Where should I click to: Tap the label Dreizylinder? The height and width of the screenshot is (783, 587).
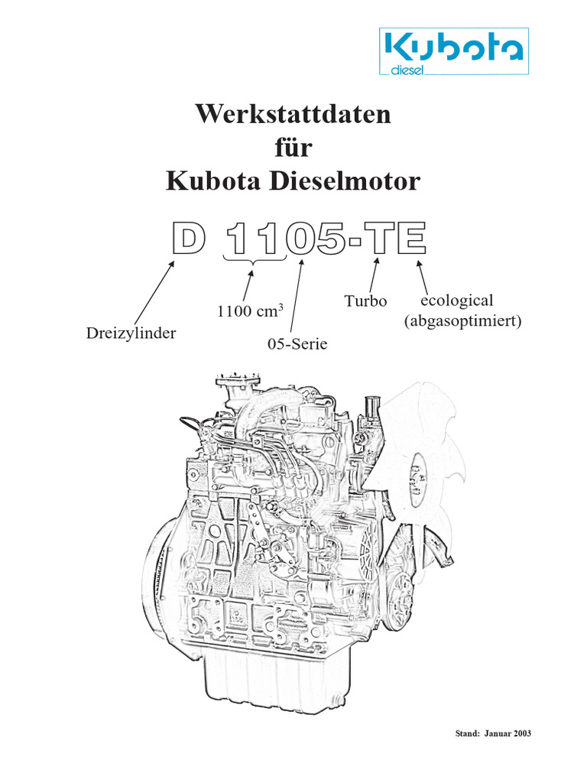tap(132, 333)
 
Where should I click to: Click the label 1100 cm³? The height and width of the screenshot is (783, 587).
tap(250, 311)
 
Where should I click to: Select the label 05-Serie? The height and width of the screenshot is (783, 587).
tap(297, 344)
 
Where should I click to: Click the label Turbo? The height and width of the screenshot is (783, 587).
tap(366, 301)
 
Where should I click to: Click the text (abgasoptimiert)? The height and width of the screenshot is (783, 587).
tap(462, 321)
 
